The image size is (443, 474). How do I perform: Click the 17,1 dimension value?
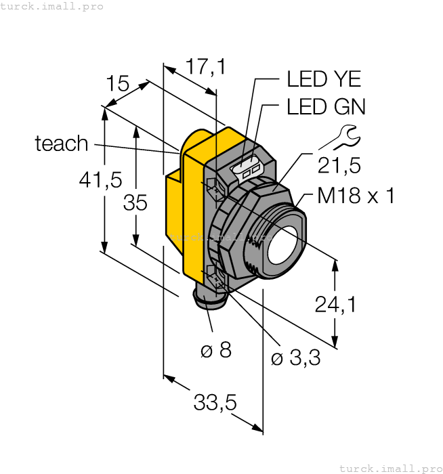tap(205, 66)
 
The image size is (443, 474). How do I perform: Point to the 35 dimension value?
tap(135, 202)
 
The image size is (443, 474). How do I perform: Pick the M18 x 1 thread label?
tap(356, 196)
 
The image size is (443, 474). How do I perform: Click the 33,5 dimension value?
tap(215, 403)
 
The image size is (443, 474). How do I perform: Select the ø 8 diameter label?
tap(216, 350)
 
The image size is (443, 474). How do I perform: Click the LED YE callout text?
tap(324, 79)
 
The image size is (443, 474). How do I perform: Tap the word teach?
tap(62, 144)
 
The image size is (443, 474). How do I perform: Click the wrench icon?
tap(339, 137)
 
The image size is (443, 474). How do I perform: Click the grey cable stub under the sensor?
tap(207, 299)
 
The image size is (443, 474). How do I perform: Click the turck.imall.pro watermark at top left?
tap(52, 6)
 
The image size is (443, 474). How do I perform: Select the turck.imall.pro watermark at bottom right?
tap(389, 468)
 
